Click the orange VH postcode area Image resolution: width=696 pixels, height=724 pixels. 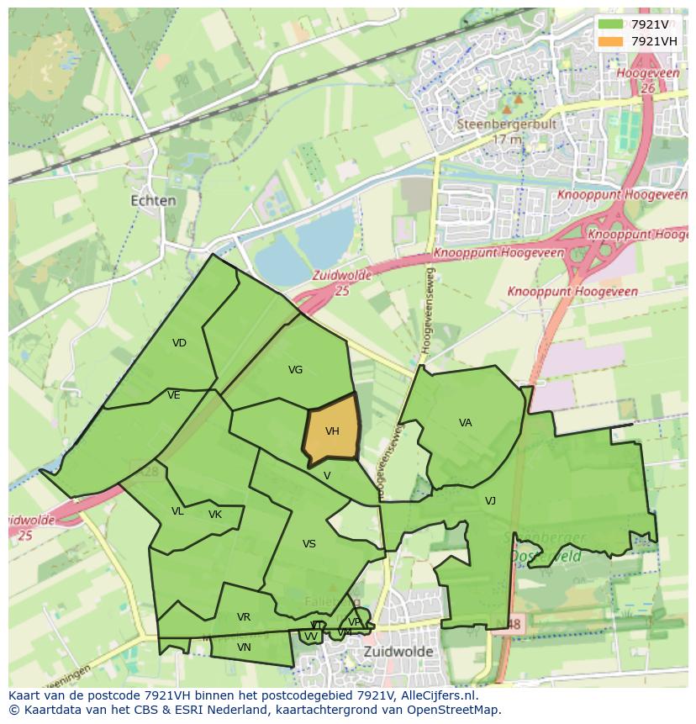pyautogui.click(x=332, y=431)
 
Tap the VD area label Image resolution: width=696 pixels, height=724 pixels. pyautogui.click(x=179, y=342)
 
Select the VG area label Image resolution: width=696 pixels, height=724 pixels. pyautogui.click(x=295, y=369)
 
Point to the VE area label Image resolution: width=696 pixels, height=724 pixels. pyautogui.click(x=174, y=395)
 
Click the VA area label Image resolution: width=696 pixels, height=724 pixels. pyautogui.click(x=465, y=423)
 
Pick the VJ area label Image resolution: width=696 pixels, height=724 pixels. pyautogui.click(x=490, y=501)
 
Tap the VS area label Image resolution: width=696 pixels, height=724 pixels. pyautogui.click(x=308, y=544)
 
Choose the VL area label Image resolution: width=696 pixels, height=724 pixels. pyautogui.click(x=177, y=511)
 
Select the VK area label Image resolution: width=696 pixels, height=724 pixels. pyautogui.click(x=215, y=515)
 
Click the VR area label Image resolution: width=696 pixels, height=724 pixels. pyautogui.click(x=244, y=617)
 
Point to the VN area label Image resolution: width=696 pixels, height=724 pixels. pyautogui.click(x=244, y=647)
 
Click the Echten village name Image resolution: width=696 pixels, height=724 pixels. pyautogui.click(x=154, y=201)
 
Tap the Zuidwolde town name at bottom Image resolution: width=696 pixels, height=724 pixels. pyautogui.click(x=398, y=652)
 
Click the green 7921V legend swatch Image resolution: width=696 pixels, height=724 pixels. pyautogui.click(x=611, y=24)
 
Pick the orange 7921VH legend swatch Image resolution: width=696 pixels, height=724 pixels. pyautogui.click(x=611, y=41)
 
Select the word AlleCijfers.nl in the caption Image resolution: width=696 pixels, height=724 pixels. pyautogui.click(x=436, y=695)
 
